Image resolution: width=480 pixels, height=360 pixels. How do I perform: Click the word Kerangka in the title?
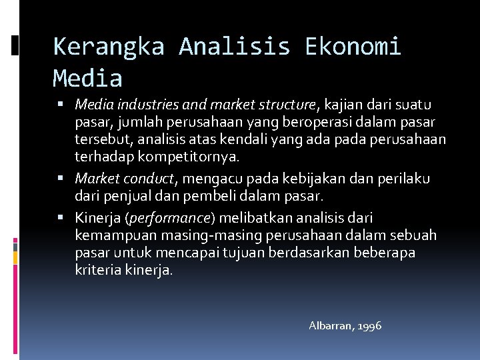click(109, 47)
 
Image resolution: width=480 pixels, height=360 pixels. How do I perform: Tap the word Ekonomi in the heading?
click(353, 47)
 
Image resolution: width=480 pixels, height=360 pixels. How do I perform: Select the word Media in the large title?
click(87, 79)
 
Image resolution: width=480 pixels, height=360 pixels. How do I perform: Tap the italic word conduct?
click(149, 179)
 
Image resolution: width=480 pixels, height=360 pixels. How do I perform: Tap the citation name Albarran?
click(331, 326)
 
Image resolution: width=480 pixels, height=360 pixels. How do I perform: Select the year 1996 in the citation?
click(370, 326)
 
